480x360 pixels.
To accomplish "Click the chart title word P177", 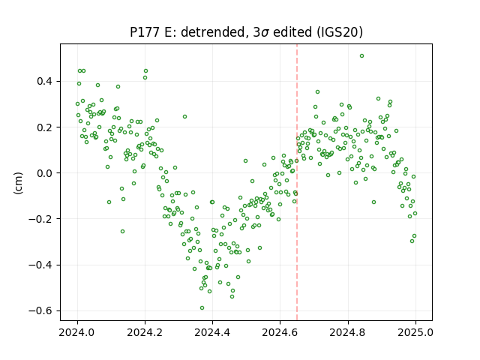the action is coord(145,32).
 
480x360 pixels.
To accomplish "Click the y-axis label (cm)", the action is coord(18,183).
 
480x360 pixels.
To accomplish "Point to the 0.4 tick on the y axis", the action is coord(46,82).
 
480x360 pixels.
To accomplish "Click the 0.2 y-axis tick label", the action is coord(46,127).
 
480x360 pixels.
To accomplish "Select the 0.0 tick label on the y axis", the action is coord(46,173).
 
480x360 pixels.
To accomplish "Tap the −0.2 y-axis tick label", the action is coord(41,219).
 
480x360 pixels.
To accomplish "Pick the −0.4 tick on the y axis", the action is coord(41,265).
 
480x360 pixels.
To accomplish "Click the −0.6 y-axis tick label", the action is coord(41,311).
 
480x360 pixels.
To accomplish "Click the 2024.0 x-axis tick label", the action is coord(77,332).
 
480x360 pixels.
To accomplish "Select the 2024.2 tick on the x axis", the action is coord(145,332).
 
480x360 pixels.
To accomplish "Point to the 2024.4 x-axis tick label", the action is coord(212,332).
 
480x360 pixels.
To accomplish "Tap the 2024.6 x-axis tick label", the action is coord(280,332).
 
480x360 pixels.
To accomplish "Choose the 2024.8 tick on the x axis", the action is coord(348,332).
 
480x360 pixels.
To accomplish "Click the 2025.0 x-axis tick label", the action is coord(415,332).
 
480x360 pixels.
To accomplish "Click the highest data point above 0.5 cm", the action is coord(361,56).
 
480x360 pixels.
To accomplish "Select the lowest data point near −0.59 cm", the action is coord(202,308).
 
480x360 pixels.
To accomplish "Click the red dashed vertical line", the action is coord(297,182).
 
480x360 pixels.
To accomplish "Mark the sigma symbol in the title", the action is coord(265,33).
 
